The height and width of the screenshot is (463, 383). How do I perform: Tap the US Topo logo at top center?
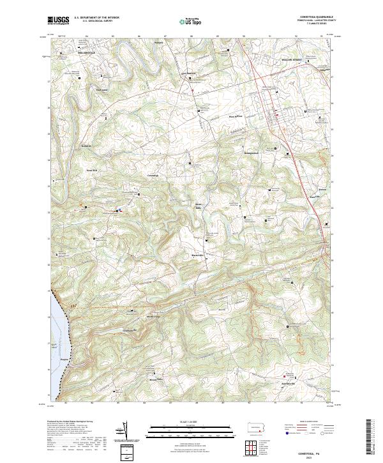pyautogui.click(x=193, y=20)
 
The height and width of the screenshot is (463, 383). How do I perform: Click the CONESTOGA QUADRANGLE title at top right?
pyautogui.click(x=319, y=17)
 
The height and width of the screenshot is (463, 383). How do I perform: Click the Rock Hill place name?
pyautogui.click(x=91, y=171)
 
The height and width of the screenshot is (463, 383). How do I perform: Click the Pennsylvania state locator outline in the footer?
pyautogui.click(x=258, y=426)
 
